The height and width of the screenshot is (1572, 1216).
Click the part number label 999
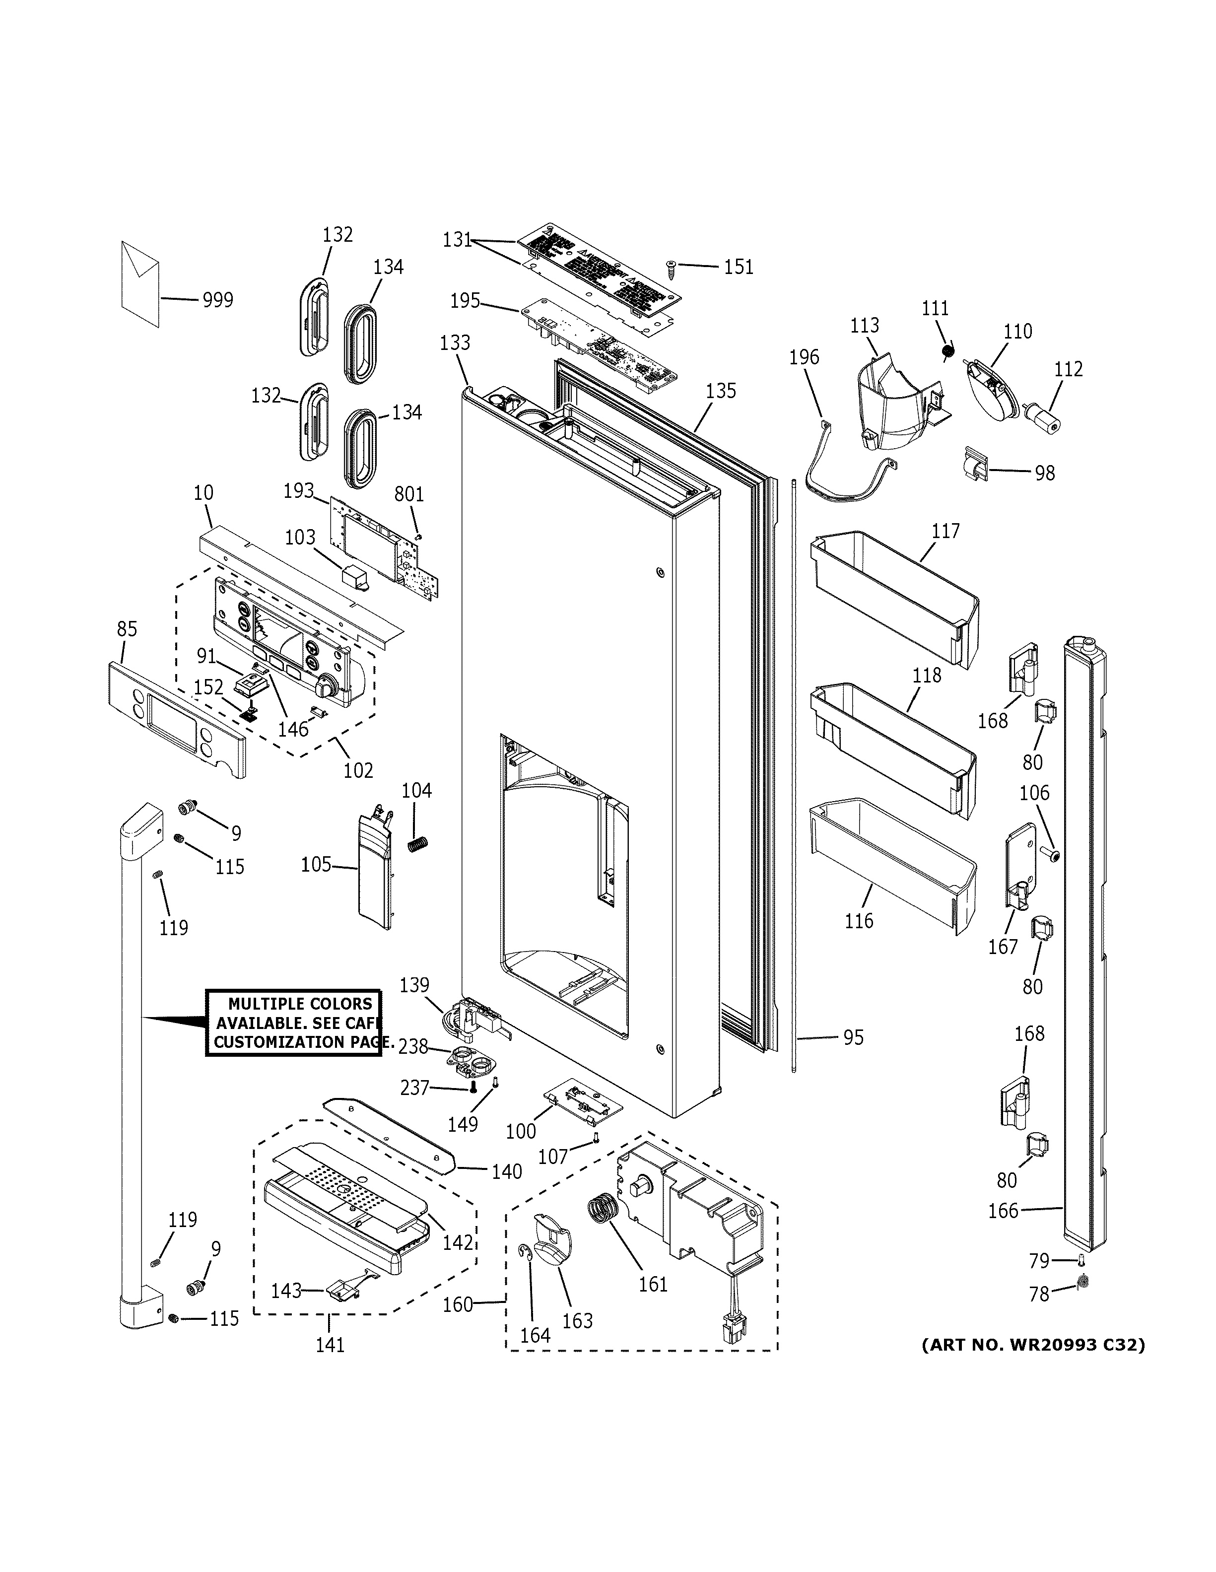pyautogui.click(x=217, y=300)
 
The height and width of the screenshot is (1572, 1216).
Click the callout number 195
pyautogui.click(x=465, y=301)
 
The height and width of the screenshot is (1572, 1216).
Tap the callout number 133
pyautogui.click(x=455, y=342)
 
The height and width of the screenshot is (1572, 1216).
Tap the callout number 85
pyautogui.click(x=127, y=629)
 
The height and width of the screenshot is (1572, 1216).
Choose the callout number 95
pyautogui.click(x=853, y=1038)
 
